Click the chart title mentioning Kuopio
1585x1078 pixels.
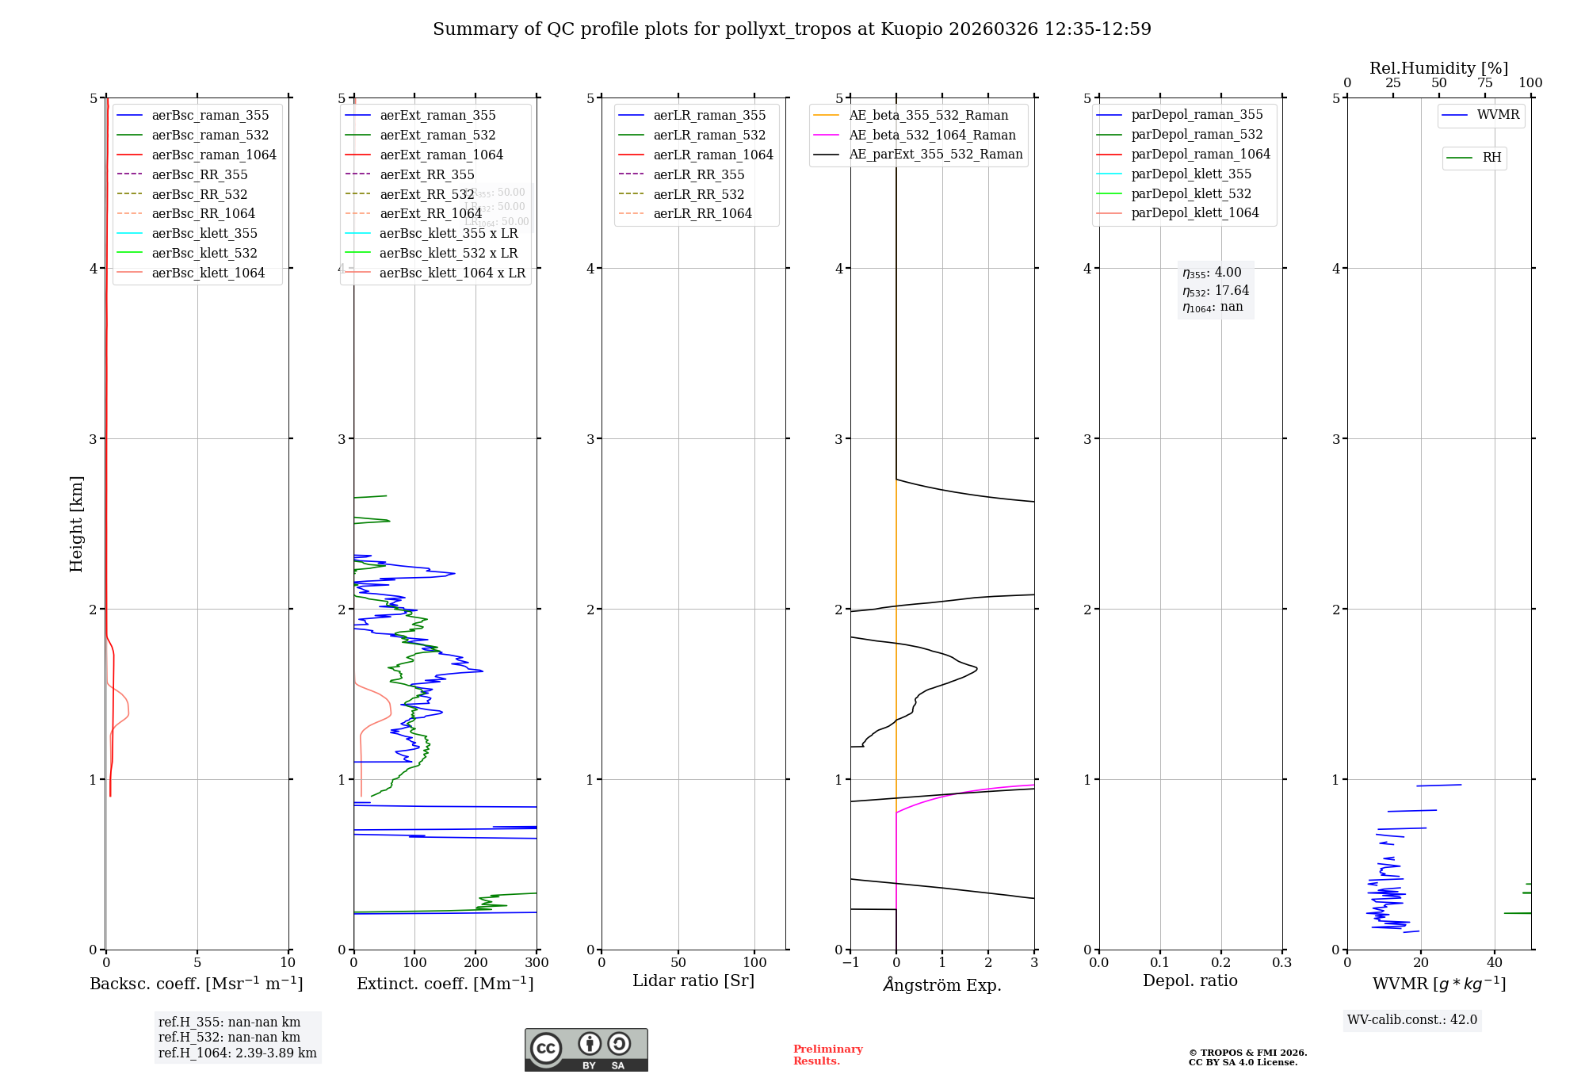(x=792, y=29)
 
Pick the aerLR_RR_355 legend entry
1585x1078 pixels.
(x=698, y=174)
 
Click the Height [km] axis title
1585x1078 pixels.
(x=76, y=524)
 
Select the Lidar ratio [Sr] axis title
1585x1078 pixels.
(x=693, y=981)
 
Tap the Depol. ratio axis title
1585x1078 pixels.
(x=1190, y=981)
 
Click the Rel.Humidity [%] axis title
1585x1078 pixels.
(x=1438, y=68)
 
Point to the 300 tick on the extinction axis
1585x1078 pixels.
(x=537, y=963)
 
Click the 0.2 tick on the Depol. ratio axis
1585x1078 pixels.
(x=1221, y=963)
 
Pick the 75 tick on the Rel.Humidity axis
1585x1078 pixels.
(x=1484, y=83)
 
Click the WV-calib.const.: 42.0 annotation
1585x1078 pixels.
(x=1412, y=1019)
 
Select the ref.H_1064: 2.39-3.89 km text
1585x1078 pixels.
(x=237, y=1053)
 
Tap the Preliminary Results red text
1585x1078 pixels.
(x=827, y=1055)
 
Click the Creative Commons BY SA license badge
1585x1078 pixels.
(x=586, y=1050)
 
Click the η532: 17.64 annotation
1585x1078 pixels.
(x=1216, y=291)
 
